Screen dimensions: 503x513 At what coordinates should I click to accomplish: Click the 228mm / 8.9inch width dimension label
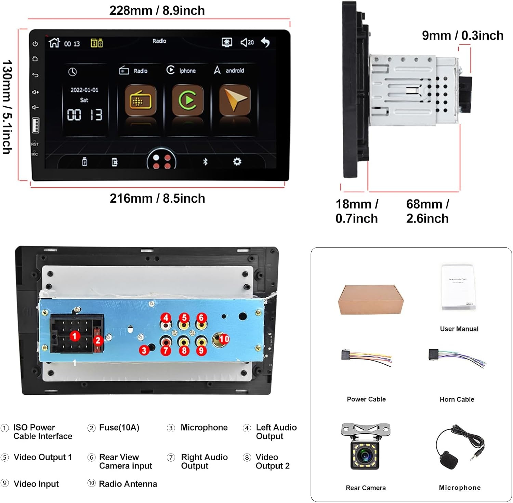157,11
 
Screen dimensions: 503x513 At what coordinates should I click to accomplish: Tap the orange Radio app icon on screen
140,100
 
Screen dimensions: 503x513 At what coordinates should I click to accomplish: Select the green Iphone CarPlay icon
187,100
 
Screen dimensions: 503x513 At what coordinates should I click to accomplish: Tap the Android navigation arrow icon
235,100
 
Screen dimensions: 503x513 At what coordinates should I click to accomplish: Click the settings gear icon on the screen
237,162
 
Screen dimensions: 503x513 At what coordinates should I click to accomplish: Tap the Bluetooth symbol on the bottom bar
205,162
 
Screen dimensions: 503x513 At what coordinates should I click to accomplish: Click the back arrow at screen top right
265,42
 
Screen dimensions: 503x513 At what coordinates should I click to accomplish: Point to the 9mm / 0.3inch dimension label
462,36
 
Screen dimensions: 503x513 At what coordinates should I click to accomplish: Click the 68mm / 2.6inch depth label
427,211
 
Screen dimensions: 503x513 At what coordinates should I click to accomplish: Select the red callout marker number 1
75,336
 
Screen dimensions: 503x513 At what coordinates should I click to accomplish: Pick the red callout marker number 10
224,339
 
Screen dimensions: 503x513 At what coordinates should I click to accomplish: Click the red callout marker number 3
144,350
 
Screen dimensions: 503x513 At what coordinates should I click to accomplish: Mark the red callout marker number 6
201,318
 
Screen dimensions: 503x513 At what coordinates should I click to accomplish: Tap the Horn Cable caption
457,399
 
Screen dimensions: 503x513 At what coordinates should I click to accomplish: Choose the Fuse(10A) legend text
119,427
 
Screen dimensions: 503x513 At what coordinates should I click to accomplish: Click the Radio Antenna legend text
128,484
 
